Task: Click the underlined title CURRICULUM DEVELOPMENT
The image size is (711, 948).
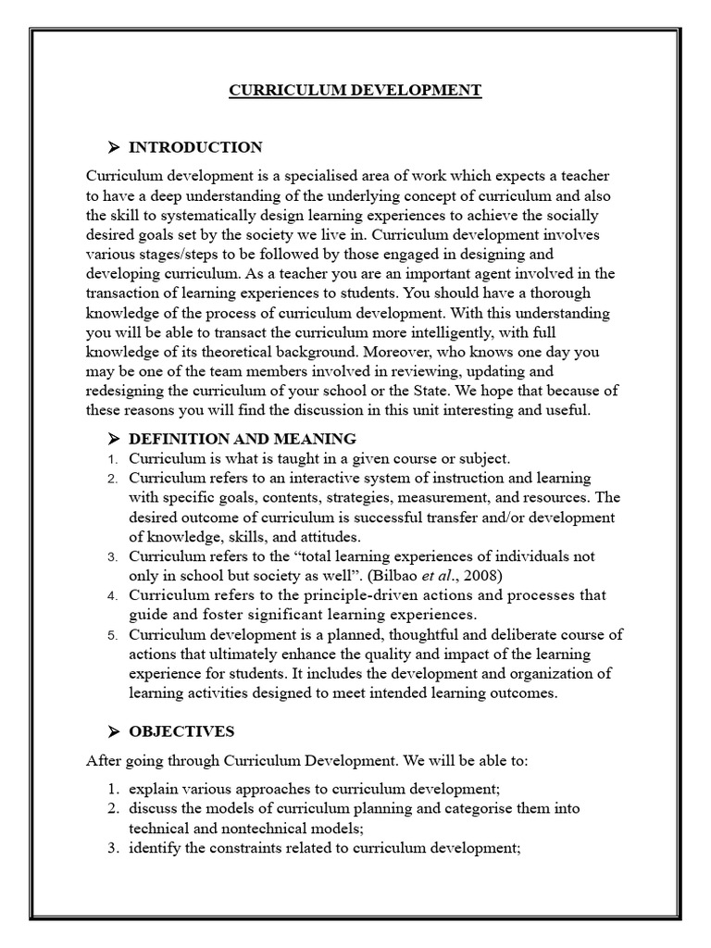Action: [x=355, y=90]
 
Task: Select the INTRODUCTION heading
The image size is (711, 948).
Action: [x=195, y=147]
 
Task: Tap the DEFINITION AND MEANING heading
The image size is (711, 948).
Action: [x=243, y=438]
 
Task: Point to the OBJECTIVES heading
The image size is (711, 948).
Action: [x=181, y=731]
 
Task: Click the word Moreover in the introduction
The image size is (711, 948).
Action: [x=393, y=352]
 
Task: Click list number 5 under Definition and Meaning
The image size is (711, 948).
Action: [x=112, y=635]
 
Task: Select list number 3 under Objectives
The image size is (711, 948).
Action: [x=112, y=847]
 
